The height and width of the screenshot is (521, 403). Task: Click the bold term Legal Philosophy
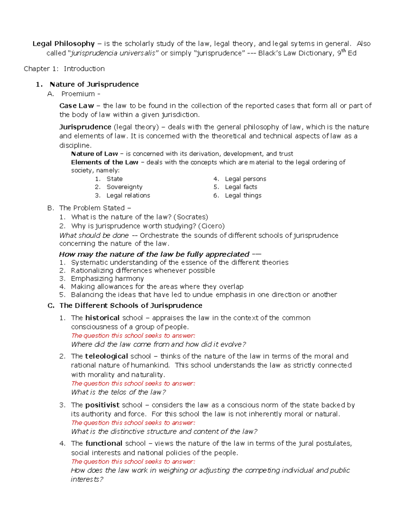click(63, 44)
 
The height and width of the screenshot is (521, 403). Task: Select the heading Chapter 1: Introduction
click(64, 69)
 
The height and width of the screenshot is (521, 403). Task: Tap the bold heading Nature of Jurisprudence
click(94, 84)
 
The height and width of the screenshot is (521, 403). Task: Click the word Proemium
click(78, 94)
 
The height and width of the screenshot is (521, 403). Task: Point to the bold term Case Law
click(76, 106)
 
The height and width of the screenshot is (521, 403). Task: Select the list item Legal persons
click(245, 179)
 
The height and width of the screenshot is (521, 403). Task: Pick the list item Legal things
click(243, 195)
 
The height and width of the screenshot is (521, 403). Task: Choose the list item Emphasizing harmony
click(107, 278)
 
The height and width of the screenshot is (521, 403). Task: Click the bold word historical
click(102, 318)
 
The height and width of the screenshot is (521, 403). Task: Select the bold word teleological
click(106, 356)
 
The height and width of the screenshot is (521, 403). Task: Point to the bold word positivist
click(102, 405)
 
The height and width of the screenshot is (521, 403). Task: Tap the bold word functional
click(104, 443)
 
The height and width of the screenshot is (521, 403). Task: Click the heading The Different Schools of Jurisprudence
click(131, 305)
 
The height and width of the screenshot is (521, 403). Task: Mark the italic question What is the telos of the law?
click(119, 392)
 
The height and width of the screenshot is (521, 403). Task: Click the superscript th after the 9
click(344, 51)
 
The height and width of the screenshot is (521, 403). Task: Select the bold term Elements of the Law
click(104, 162)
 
